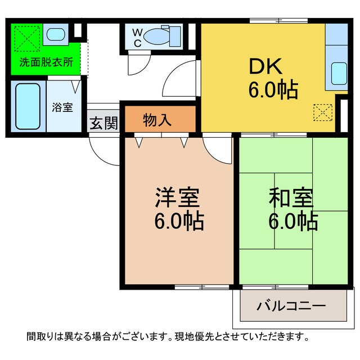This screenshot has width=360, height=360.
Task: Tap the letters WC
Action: point(137,37)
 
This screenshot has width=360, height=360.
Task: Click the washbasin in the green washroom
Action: point(55,35)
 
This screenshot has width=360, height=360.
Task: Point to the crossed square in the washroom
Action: point(26,38)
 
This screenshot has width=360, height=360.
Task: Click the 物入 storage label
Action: point(157,120)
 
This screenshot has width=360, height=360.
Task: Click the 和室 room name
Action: point(291,199)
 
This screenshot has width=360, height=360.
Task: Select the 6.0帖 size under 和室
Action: point(292,222)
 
